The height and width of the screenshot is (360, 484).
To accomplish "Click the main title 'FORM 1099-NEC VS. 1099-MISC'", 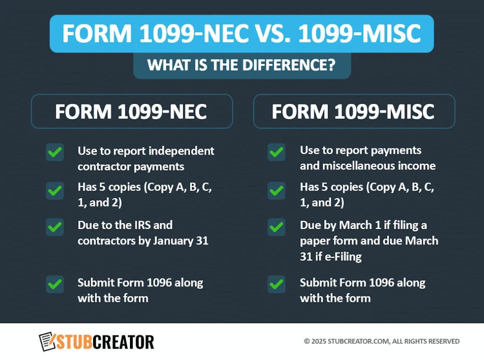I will click(242, 34).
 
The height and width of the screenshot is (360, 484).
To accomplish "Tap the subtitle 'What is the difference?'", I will click(242, 65).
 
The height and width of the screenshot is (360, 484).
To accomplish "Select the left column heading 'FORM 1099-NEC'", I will click(131, 111).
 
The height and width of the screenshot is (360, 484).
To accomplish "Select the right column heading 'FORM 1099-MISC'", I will click(354, 111).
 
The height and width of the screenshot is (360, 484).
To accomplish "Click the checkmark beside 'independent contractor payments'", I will click(55, 153).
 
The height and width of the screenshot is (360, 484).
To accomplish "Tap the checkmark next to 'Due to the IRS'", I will click(55, 227).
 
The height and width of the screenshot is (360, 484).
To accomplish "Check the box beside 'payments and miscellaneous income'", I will click(277, 153).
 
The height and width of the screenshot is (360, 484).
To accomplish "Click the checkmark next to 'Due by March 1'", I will click(277, 227).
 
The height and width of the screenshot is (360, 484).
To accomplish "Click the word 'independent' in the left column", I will click(181, 151).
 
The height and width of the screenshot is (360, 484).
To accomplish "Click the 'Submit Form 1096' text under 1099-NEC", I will click(140, 283).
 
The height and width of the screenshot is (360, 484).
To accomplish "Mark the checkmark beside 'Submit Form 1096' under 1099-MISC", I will click(277, 284).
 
